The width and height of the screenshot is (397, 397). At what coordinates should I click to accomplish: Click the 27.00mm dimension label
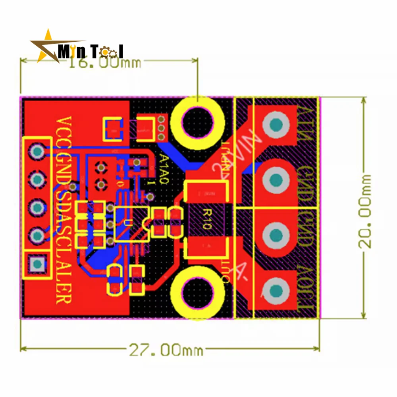[x=166, y=350]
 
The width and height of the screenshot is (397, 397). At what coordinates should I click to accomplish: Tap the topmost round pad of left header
[x=37, y=151]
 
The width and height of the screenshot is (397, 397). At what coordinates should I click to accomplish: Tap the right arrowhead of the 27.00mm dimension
[x=318, y=349]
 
